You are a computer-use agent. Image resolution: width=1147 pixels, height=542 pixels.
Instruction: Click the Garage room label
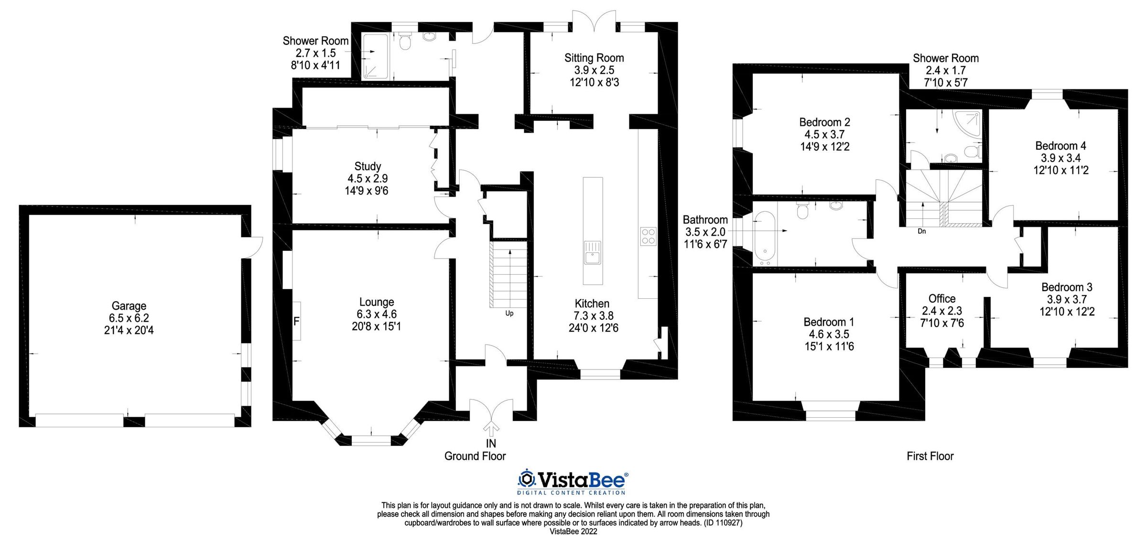[x=129, y=306]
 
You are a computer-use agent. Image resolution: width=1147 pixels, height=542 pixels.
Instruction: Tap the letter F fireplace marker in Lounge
[x=296, y=322]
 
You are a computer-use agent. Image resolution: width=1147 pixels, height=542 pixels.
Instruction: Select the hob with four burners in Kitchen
[x=648, y=236]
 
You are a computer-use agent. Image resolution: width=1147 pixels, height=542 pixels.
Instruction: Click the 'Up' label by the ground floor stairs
[x=509, y=314]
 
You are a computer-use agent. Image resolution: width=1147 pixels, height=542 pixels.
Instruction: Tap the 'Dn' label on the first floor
[x=922, y=231]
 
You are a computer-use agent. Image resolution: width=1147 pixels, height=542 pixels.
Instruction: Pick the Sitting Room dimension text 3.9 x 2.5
[x=594, y=70]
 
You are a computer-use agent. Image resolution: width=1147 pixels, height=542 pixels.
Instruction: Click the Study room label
[x=368, y=166]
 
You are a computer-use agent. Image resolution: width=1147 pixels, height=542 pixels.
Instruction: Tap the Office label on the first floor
[x=941, y=299]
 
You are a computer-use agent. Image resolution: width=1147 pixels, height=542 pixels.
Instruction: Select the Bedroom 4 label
[x=1060, y=146]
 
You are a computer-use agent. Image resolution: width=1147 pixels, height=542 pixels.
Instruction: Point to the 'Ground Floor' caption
[x=475, y=456]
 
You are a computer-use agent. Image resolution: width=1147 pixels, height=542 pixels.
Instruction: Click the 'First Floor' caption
[x=930, y=456]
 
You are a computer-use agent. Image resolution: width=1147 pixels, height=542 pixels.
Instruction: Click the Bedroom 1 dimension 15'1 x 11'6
[x=829, y=347]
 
